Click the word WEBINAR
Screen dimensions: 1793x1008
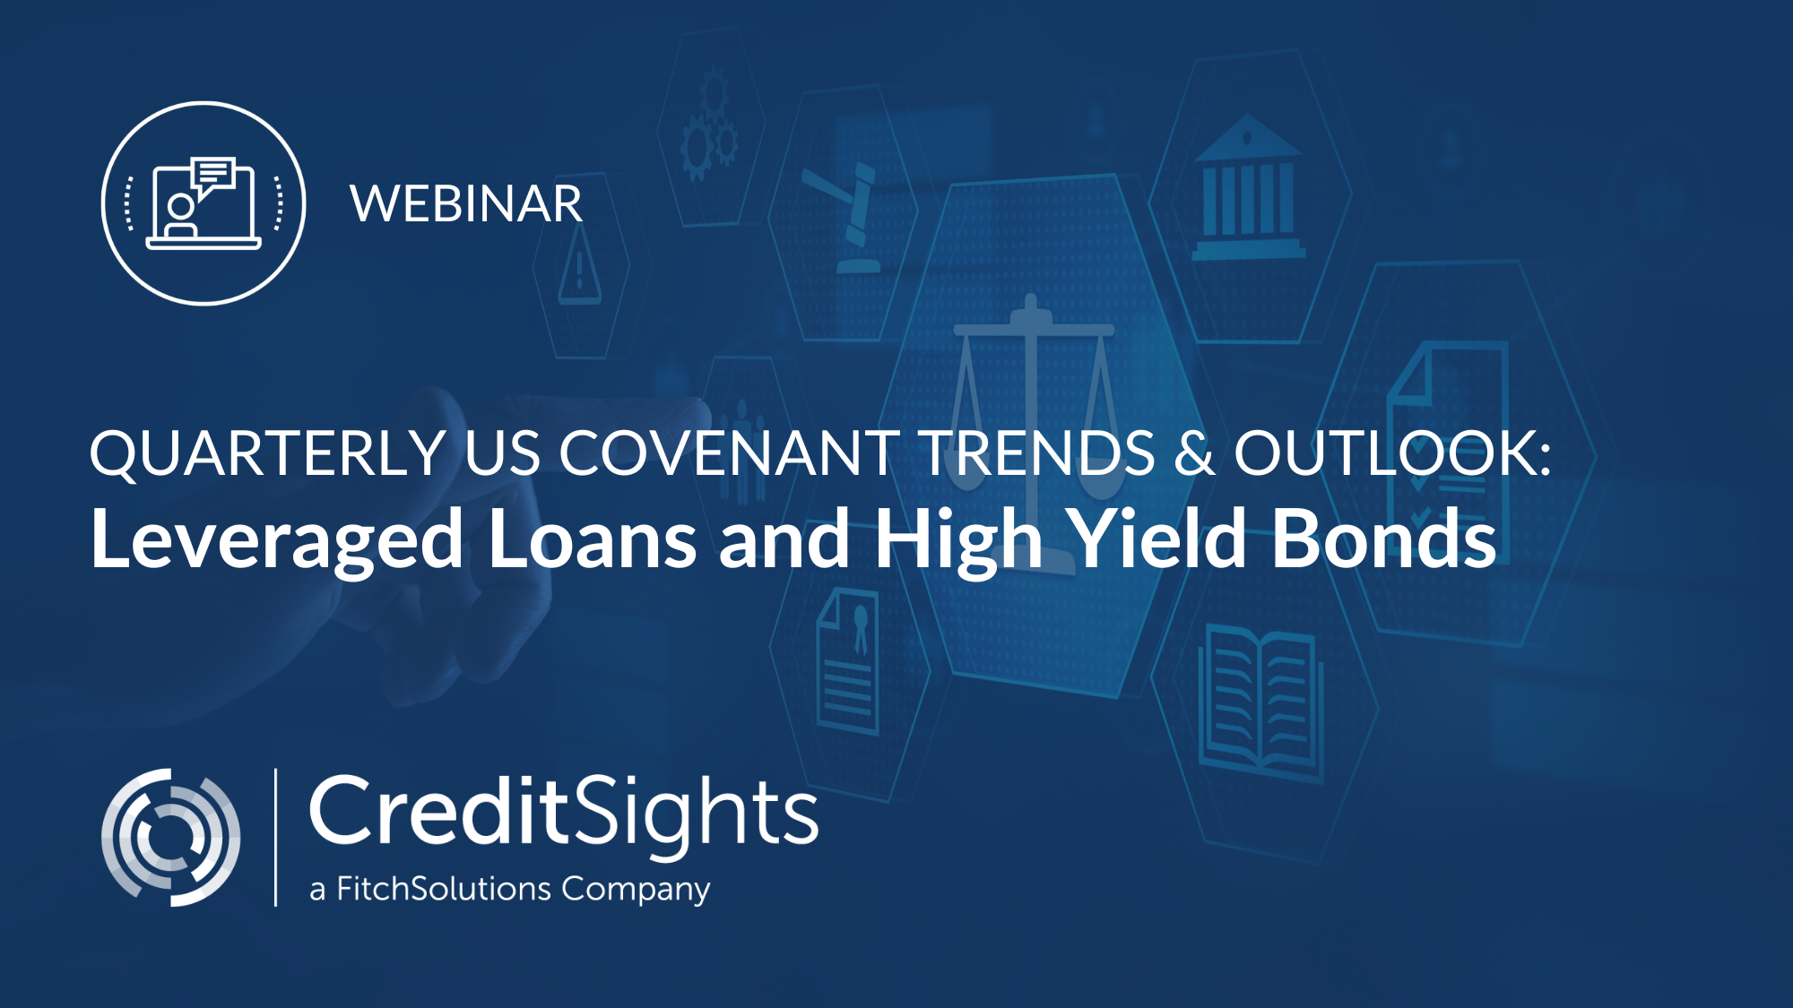pyautogui.click(x=466, y=204)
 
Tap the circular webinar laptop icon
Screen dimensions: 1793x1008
pyautogui.click(x=204, y=203)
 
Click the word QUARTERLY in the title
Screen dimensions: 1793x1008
pyautogui.click(x=268, y=453)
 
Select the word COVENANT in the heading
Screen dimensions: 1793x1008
pyautogui.click(x=730, y=452)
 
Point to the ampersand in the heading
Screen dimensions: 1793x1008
pyautogui.click(x=1194, y=452)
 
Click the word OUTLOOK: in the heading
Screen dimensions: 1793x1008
pyautogui.click(x=1392, y=452)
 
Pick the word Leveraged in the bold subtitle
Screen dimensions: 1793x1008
pyautogui.click(x=277, y=540)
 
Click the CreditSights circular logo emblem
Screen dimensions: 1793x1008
pyautogui.click(x=170, y=837)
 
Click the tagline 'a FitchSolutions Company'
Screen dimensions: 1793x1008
pyautogui.click(x=509, y=889)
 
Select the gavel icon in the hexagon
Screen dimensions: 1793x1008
pyautogui.click(x=845, y=217)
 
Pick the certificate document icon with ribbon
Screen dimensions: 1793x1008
pyautogui.click(x=848, y=660)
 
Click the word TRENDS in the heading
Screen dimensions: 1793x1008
pyautogui.click(x=1038, y=452)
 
